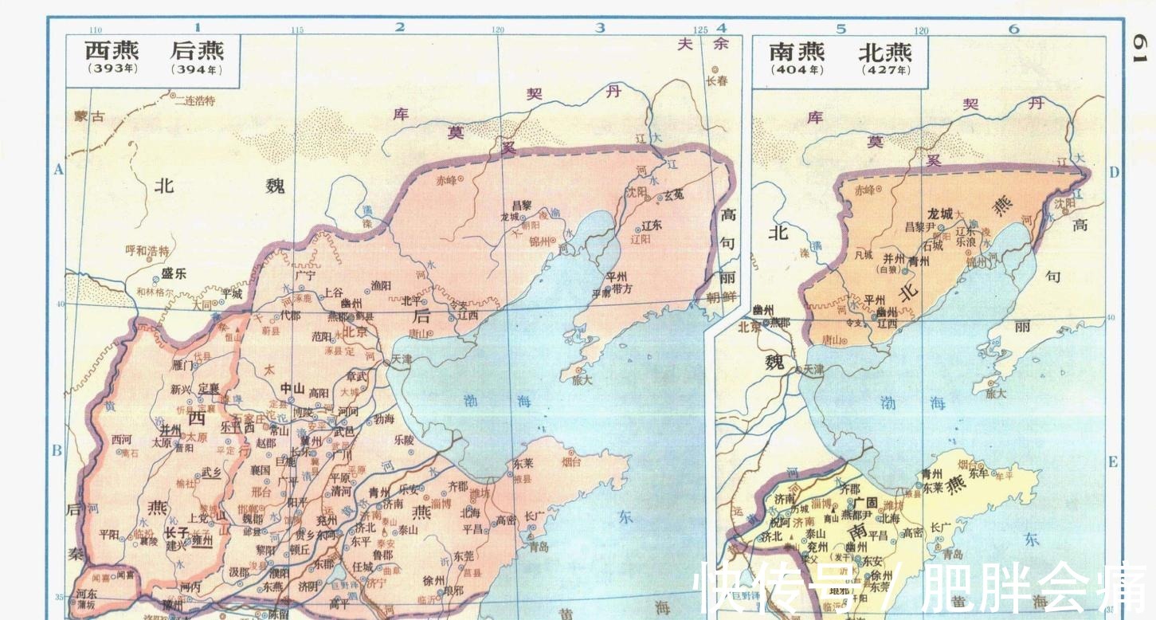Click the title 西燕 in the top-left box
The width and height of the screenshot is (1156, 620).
click(112, 51)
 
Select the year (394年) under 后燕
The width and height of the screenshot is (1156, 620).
click(196, 69)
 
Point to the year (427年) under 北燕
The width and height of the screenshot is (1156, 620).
click(884, 70)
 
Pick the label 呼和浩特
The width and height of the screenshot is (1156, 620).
click(147, 250)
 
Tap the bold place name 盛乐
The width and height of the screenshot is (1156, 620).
click(174, 273)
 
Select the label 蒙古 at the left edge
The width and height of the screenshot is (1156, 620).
click(90, 117)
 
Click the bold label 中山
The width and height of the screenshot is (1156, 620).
click(292, 389)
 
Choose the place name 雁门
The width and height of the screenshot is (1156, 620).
click(182, 365)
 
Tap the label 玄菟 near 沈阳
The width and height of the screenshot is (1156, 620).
click(674, 194)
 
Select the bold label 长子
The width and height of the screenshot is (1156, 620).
click(176, 532)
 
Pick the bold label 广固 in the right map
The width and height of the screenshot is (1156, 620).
click(864, 502)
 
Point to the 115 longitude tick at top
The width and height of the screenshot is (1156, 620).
click(297, 30)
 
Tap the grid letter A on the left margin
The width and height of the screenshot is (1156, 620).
click(57, 169)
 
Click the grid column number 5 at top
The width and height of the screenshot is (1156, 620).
click(841, 29)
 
